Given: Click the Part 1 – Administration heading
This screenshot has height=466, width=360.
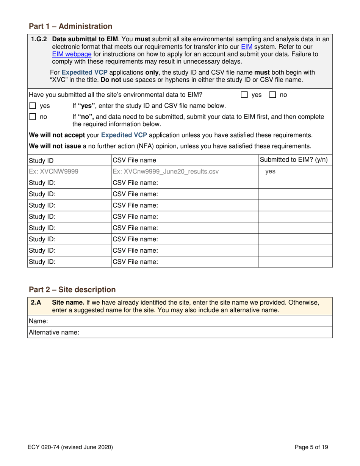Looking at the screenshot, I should [70, 26].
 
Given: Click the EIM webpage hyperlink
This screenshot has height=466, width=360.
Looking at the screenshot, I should [72, 54].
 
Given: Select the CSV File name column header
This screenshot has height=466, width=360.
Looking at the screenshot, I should [134, 160].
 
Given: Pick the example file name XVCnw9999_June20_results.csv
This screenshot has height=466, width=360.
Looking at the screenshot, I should [166, 172].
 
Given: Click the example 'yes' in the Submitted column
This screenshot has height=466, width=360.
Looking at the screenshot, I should [270, 172].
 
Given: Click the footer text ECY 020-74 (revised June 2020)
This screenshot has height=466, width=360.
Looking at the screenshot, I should [70, 447].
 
